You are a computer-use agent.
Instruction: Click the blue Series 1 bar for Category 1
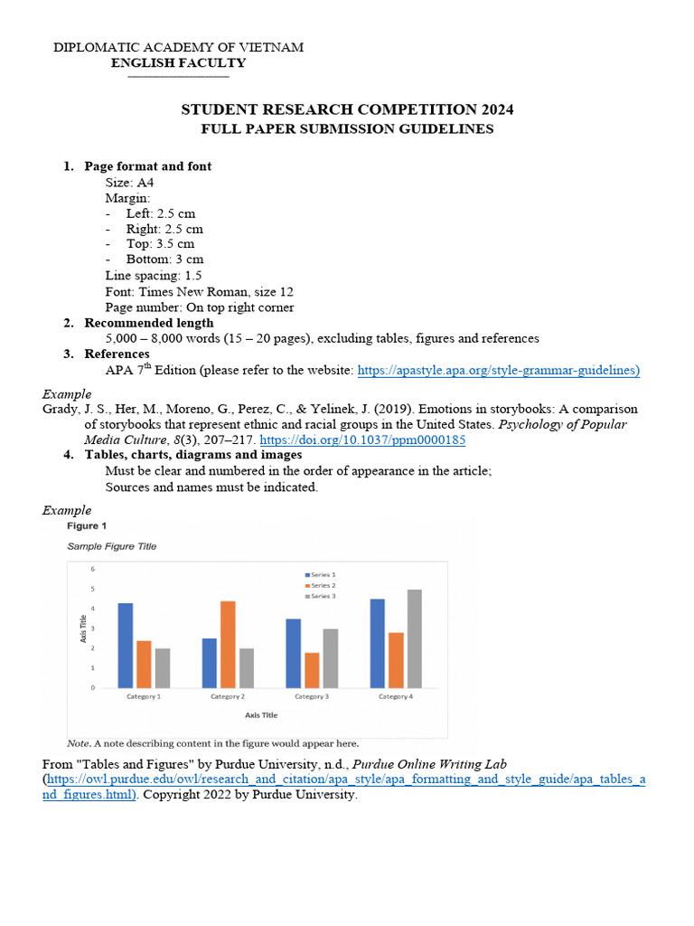pyautogui.click(x=126, y=646)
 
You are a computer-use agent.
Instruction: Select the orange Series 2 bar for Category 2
pyautogui.click(x=228, y=644)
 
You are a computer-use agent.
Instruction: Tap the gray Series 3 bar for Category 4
pyautogui.click(x=415, y=638)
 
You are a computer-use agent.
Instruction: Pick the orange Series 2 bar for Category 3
pyautogui.click(x=312, y=670)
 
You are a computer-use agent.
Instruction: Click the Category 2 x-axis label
pyautogui.click(x=227, y=697)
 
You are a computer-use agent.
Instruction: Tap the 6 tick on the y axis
pyautogui.click(x=92, y=569)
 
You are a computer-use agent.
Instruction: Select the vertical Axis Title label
pyautogui.click(x=84, y=628)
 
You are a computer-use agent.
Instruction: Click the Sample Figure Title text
pyautogui.click(x=112, y=546)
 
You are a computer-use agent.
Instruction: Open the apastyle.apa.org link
pyautogui.click(x=499, y=370)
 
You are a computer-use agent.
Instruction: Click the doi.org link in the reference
pyautogui.click(x=362, y=439)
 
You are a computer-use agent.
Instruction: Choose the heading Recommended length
pyautogui.click(x=149, y=323)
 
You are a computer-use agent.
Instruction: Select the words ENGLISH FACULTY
pyautogui.click(x=178, y=63)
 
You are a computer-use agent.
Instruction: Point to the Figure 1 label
pyautogui.click(x=87, y=525)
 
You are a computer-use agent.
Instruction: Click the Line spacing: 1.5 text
pyautogui.click(x=154, y=275)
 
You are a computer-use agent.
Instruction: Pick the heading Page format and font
pyautogui.click(x=148, y=166)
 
